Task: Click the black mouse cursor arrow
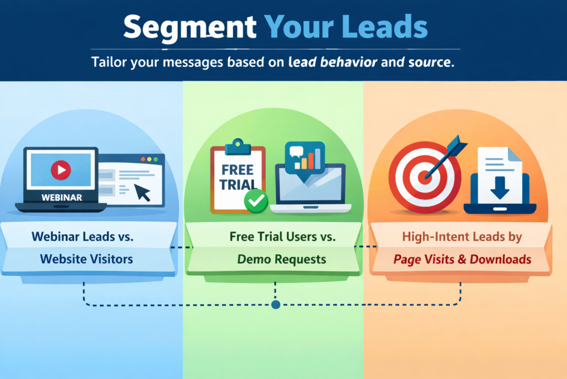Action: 142,192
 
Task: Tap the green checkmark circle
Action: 255,201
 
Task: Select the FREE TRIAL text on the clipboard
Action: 238,176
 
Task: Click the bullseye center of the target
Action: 425,178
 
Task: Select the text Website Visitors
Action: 86,259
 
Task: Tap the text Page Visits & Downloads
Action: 462,259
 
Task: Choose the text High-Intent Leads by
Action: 462,236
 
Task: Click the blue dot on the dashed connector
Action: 276,304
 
